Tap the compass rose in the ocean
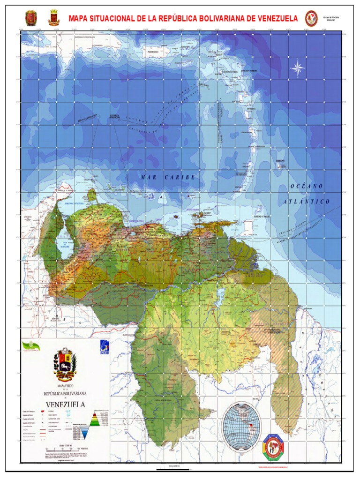point(298,69)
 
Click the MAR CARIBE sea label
point(167,178)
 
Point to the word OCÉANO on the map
point(307,186)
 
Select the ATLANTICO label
point(307,201)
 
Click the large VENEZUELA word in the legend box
point(65,404)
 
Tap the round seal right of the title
point(311,18)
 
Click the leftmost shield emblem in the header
point(31,18)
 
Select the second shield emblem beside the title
point(54,18)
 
